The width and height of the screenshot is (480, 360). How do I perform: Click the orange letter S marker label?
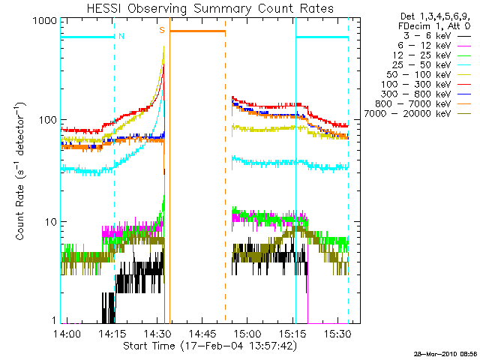161,30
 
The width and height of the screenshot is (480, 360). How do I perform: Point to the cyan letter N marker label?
121,35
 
